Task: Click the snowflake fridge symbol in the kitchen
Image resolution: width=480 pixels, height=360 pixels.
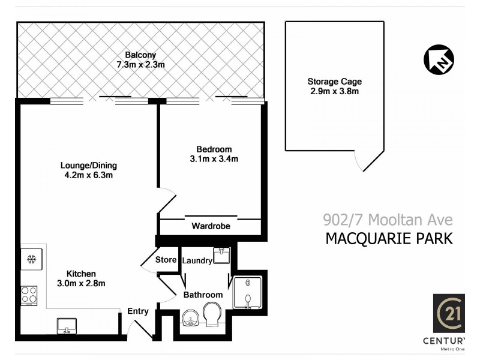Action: [x=31, y=260]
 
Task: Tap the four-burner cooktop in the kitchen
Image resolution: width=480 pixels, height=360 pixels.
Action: [x=29, y=295]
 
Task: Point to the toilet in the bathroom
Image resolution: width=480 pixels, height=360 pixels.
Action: [x=212, y=314]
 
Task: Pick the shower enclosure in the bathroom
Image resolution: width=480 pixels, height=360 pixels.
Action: [x=247, y=293]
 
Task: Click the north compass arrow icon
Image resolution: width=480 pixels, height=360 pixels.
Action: [x=439, y=59]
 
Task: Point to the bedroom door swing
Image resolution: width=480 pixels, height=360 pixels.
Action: [x=167, y=200]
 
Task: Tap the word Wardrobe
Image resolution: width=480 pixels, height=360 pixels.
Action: [x=210, y=226]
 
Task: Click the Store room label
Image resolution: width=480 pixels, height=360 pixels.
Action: [x=166, y=260]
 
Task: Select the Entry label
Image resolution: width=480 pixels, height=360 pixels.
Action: [x=137, y=311]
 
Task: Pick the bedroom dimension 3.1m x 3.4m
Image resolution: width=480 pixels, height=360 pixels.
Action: [x=214, y=159]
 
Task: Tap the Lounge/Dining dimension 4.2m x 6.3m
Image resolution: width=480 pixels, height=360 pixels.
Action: [x=88, y=175]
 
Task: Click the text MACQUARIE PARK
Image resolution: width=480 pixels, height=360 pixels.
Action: [x=388, y=238]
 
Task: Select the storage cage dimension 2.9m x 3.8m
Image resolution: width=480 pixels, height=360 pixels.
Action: [x=334, y=92]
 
